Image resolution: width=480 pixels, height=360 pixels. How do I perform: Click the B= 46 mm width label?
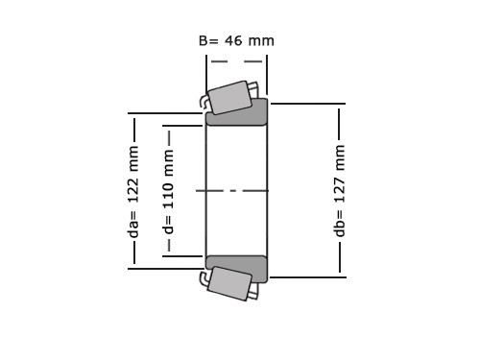point(236,41)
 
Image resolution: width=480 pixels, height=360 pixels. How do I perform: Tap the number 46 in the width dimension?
point(233,41)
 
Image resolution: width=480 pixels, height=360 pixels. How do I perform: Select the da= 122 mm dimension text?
point(133,192)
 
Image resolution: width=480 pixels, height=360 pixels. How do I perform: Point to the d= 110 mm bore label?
point(168,191)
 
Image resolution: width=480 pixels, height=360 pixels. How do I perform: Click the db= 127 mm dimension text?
point(340,191)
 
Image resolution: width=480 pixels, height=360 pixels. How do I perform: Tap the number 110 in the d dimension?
point(168,195)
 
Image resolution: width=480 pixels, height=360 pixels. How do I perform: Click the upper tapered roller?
point(229,97)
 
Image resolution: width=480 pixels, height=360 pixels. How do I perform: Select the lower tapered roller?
point(229,283)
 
